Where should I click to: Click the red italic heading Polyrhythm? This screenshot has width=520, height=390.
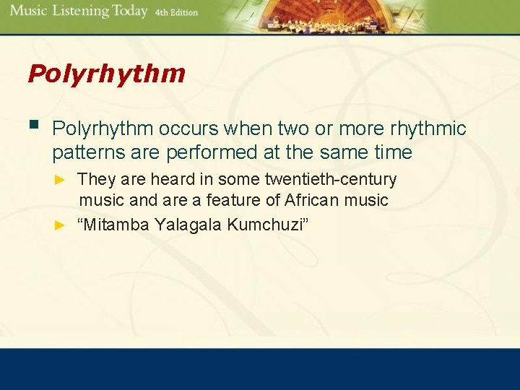point(106,74)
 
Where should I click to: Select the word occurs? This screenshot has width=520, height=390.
point(188,129)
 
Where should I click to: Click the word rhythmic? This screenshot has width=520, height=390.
point(428,129)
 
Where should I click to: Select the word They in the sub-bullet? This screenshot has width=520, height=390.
point(95,178)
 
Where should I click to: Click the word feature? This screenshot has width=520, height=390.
point(230,200)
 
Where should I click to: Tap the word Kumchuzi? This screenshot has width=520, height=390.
point(267,225)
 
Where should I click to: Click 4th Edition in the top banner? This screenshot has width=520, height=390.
point(176,12)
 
